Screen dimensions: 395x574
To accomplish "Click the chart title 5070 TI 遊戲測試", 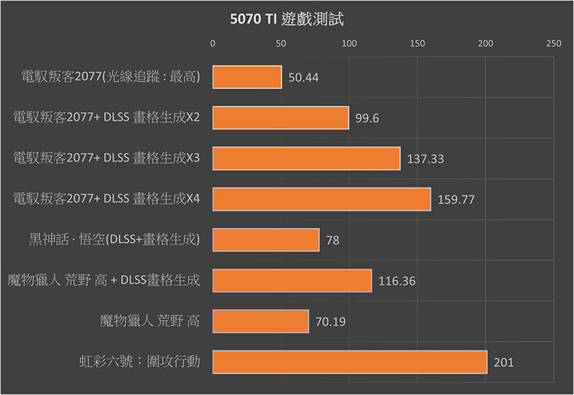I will coord(286,19).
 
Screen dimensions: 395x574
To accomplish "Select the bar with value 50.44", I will coord(247,77).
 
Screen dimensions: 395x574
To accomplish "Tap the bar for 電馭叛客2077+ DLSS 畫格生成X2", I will coord(281,118).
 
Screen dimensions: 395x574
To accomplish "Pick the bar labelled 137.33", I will coord(306,159).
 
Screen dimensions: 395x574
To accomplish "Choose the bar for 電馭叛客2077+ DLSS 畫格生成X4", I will coord(321,199).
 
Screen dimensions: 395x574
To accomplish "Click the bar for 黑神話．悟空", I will coord(266,240).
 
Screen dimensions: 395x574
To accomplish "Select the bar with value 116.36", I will coord(292,281).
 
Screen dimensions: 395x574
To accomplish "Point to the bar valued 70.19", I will coord(260,321).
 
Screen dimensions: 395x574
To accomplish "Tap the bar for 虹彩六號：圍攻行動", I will coord(350,362).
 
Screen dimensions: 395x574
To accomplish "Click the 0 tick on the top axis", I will coord(213,43).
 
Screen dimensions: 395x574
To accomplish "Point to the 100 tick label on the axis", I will coord(349,43).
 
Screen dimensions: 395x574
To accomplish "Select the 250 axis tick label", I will coord(553,43).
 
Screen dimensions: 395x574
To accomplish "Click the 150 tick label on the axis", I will coord(418,43).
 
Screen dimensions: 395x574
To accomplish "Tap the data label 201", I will coord(504,363).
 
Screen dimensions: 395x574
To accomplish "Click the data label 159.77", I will coord(456,200).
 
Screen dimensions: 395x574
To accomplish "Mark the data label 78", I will coord(333,241).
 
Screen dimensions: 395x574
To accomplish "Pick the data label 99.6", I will coord(367,118).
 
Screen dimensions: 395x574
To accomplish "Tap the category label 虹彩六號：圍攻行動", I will coord(139,362).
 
